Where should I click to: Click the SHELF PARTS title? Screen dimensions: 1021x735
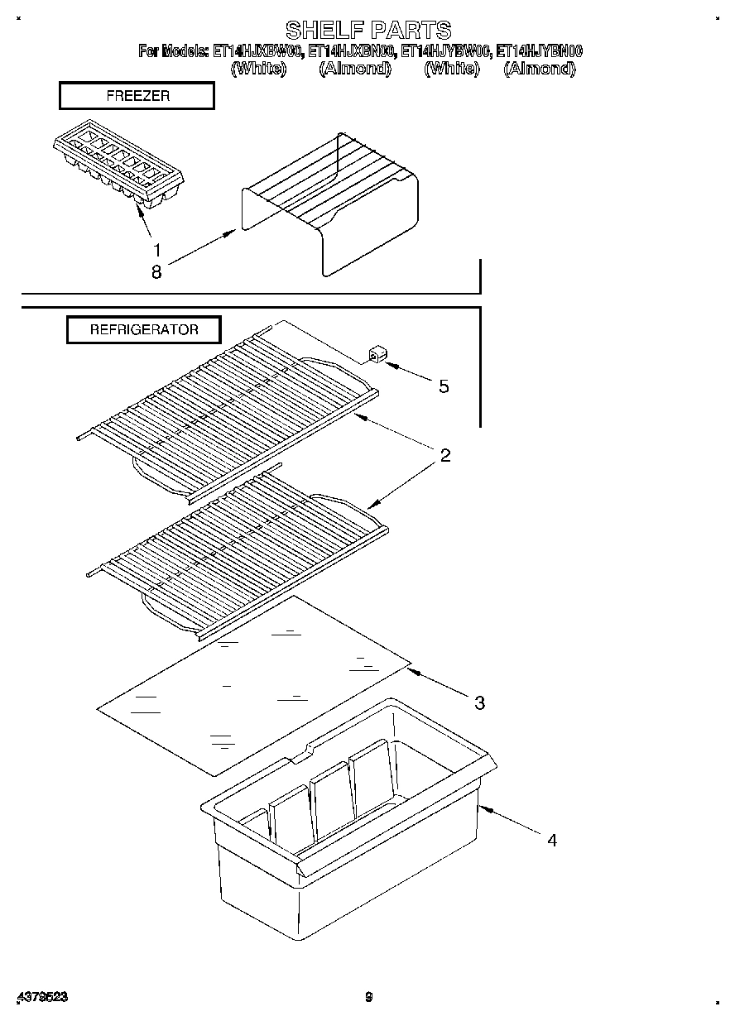tap(368, 31)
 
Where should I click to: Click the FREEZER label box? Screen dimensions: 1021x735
tap(137, 96)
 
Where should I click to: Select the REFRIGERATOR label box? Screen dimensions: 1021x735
tap(144, 329)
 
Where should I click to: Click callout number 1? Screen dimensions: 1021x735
tap(156, 248)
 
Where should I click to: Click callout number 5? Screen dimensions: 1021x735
tap(444, 386)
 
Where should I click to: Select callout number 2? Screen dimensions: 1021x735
tap(444, 455)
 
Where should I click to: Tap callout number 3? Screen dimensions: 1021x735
tap(479, 703)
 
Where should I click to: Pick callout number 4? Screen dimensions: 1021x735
tap(551, 840)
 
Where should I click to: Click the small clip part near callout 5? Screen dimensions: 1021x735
tap(375, 357)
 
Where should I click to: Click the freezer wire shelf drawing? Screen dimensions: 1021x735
tap(331, 207)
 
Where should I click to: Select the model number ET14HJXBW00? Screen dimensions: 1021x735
tap(257, 51)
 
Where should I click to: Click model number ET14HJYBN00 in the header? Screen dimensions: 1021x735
tap(539, 51)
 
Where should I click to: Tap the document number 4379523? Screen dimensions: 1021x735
tap(41, 998)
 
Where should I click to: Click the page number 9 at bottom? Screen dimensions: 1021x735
tap(369, 998)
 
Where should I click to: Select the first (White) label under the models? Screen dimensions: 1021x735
tap(259, 69)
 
